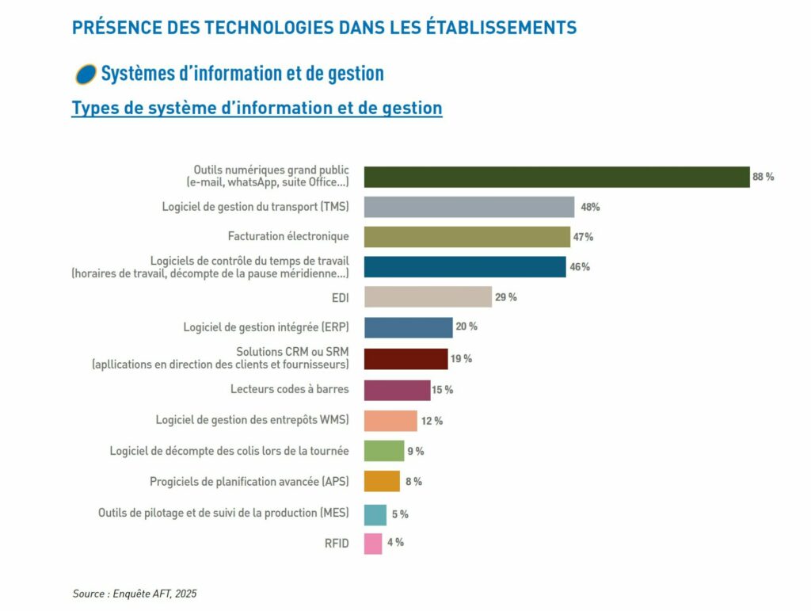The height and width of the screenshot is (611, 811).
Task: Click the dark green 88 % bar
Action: click(x=556, y=177)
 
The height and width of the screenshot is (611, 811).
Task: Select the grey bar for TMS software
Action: click(x=469, y=207)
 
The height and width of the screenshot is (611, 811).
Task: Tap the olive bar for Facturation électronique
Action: click(x=466, y=237)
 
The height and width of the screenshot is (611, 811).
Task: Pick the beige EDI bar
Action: click(x=428, y=297)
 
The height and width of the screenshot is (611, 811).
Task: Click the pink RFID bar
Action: click(x=373, y=544)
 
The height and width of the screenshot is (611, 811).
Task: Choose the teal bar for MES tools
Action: click(x=375, y=514)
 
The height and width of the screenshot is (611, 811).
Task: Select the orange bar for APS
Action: click(x=382, y=481)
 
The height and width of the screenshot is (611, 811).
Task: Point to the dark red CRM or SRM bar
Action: click(x=405, y=359)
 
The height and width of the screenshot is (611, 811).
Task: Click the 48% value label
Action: click(x=590, y=207)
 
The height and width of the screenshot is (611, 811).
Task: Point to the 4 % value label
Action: click(x=394, y=543)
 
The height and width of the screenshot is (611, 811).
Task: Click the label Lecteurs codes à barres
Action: click(x=289, y=389)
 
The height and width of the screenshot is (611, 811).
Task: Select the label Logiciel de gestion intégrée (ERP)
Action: click(x=265, y=327)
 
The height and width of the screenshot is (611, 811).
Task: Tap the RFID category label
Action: click(x=337, y=544)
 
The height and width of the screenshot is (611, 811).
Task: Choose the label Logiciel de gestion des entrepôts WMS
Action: click(x=252, y=420)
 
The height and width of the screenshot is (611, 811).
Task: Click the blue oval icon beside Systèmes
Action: click(x=85, y=74)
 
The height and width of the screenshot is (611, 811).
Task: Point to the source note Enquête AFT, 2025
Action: click(x=134, y=594)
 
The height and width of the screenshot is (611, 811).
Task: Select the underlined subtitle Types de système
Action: click(x=257, y=108)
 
